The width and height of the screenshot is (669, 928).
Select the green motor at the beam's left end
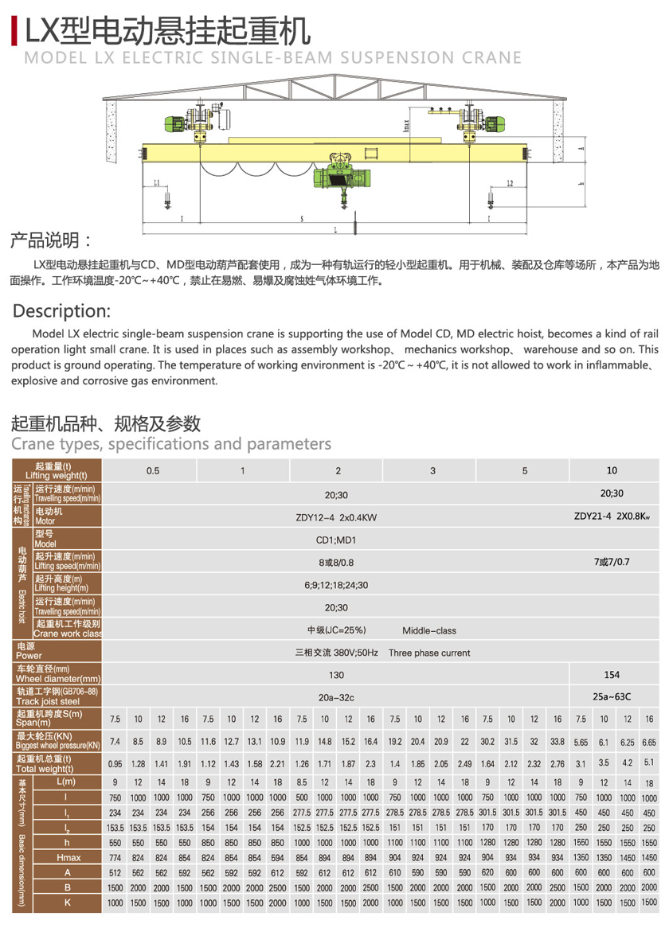coord(175,124)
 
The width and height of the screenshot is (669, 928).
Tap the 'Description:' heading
coord(62,310)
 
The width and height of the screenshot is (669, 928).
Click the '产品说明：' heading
coord(52,240)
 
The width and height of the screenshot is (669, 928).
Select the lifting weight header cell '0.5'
coord(153,470)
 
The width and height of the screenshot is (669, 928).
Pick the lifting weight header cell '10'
coord(612,470)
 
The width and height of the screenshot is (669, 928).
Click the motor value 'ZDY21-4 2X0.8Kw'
coord(612,516)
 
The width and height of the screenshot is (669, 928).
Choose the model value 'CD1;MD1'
coord(336,539)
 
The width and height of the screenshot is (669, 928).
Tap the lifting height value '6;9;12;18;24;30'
coord(336,584)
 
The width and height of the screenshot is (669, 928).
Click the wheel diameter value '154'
coord(612,675)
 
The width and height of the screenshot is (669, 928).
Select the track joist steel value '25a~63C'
coord(612,697)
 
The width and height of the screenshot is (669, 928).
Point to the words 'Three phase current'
coord(429,653)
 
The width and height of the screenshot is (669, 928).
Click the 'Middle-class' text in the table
coord(429,630)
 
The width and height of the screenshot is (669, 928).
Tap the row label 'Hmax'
coord(68,857)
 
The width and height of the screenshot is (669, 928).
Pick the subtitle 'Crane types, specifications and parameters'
coord(171,443)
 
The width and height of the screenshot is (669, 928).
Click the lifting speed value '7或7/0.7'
coord(612,562)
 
